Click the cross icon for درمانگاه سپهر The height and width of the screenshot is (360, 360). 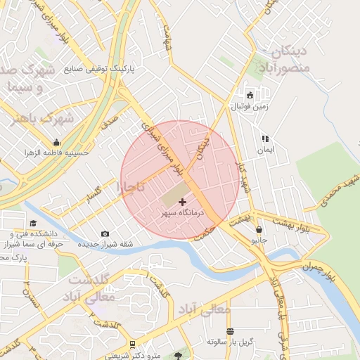pyautogui.click(x=173, y=202)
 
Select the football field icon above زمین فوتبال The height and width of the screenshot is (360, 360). pyautogui.click(x=250, y=96)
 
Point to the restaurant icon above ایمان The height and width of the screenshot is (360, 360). pyautogui.click(x=265, y=139)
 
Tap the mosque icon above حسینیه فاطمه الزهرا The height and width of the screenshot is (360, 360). pyautogui.click(x=56, y=141)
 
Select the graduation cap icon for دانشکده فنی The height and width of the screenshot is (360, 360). pyautogui.click(x=34, y=223)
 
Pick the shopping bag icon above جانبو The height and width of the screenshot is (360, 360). pyautogui.click(x=259, y=229)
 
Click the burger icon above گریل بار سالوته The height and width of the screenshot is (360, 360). pyautogui.click(x=230, y=330)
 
